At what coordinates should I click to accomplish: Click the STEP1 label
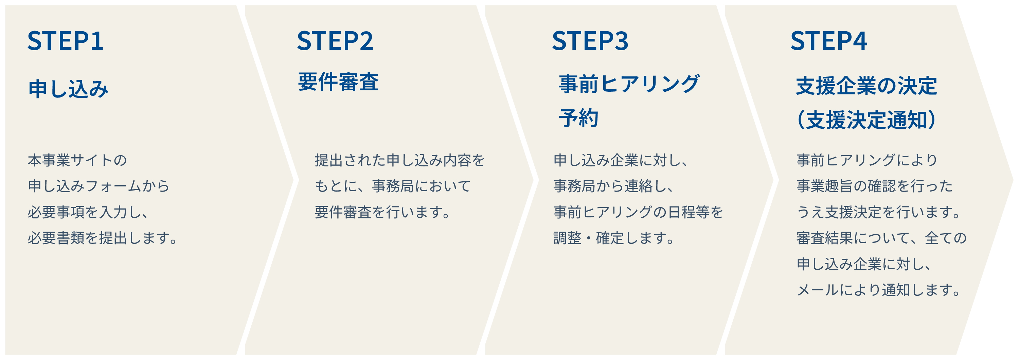(65, 41)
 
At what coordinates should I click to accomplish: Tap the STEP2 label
(335, 41)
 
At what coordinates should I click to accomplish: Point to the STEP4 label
(828, 41)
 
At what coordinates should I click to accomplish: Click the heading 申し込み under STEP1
(68, 89)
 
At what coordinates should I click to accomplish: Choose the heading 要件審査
(338, 82)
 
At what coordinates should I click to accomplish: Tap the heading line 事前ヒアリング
(629, 84)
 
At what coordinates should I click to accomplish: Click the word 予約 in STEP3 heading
(578, 118)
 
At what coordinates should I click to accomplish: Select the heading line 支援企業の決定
(866, 86)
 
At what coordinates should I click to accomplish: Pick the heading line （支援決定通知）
(866, 120)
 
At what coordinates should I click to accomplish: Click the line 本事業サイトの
(77, 160)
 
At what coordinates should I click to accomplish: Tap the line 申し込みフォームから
(99, 186)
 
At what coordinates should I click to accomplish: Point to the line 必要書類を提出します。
(103, 238)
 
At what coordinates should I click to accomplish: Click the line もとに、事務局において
(393, 186)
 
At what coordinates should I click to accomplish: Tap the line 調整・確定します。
(614, 238)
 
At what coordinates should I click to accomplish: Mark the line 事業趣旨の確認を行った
(875, 186)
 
